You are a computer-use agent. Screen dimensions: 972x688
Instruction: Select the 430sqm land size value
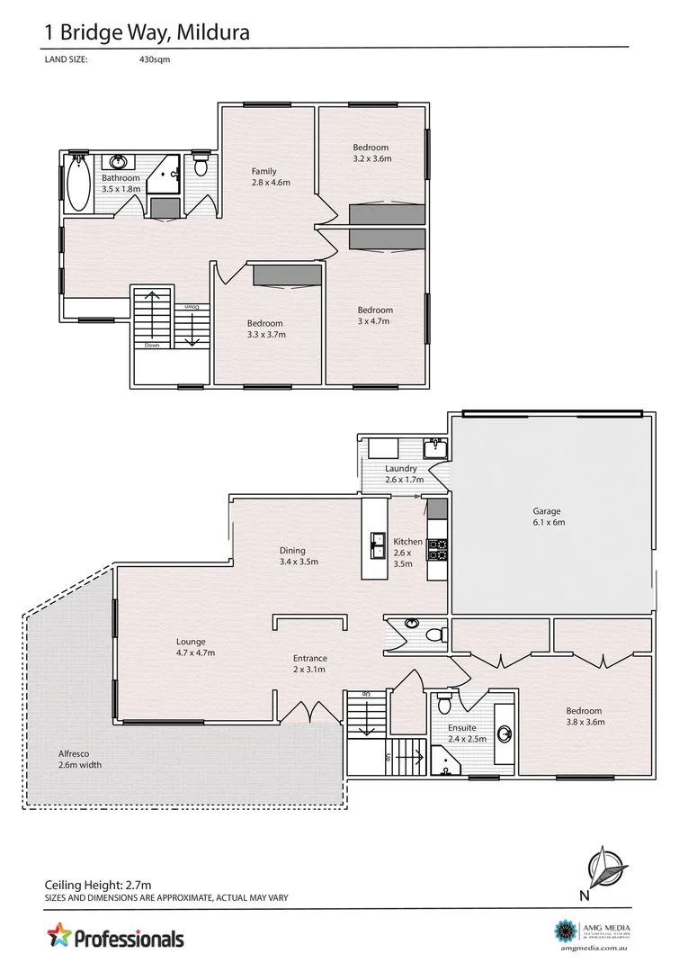click(155, 59)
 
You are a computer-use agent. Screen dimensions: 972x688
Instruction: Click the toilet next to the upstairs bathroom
click(201, 166)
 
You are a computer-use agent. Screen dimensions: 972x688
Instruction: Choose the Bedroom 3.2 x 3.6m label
click(371, 153)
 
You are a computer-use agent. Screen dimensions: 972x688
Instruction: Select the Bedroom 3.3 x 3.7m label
click(265, 328)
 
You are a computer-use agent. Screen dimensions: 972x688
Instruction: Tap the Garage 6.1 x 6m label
click(548, 517)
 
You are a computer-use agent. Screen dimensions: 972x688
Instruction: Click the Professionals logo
click(115, 938)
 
